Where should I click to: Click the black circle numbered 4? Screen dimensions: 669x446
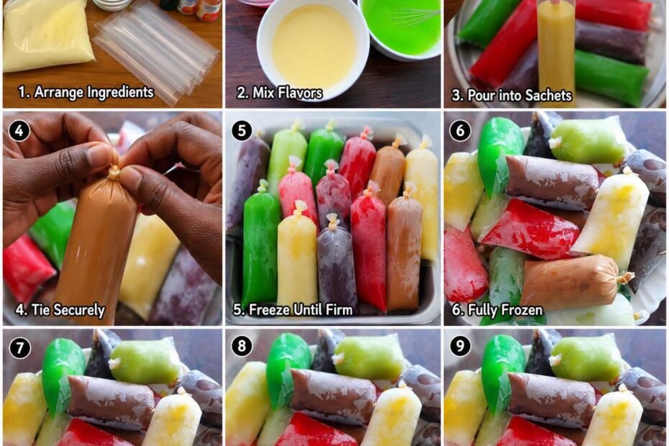click(19, 131)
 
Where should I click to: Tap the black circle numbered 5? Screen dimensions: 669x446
click(242, 131)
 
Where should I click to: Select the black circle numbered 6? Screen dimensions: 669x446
click(460, 131)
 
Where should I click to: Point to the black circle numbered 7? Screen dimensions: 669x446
click(19, 347)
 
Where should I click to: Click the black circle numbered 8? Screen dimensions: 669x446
click(242, 346)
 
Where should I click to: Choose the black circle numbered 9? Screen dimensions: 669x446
click(460, 346)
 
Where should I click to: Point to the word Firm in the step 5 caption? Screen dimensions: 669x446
click(339, 309)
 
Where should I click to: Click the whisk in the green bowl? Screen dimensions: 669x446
click(414, 17)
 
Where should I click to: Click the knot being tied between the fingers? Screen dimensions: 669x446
click(114, 172)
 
